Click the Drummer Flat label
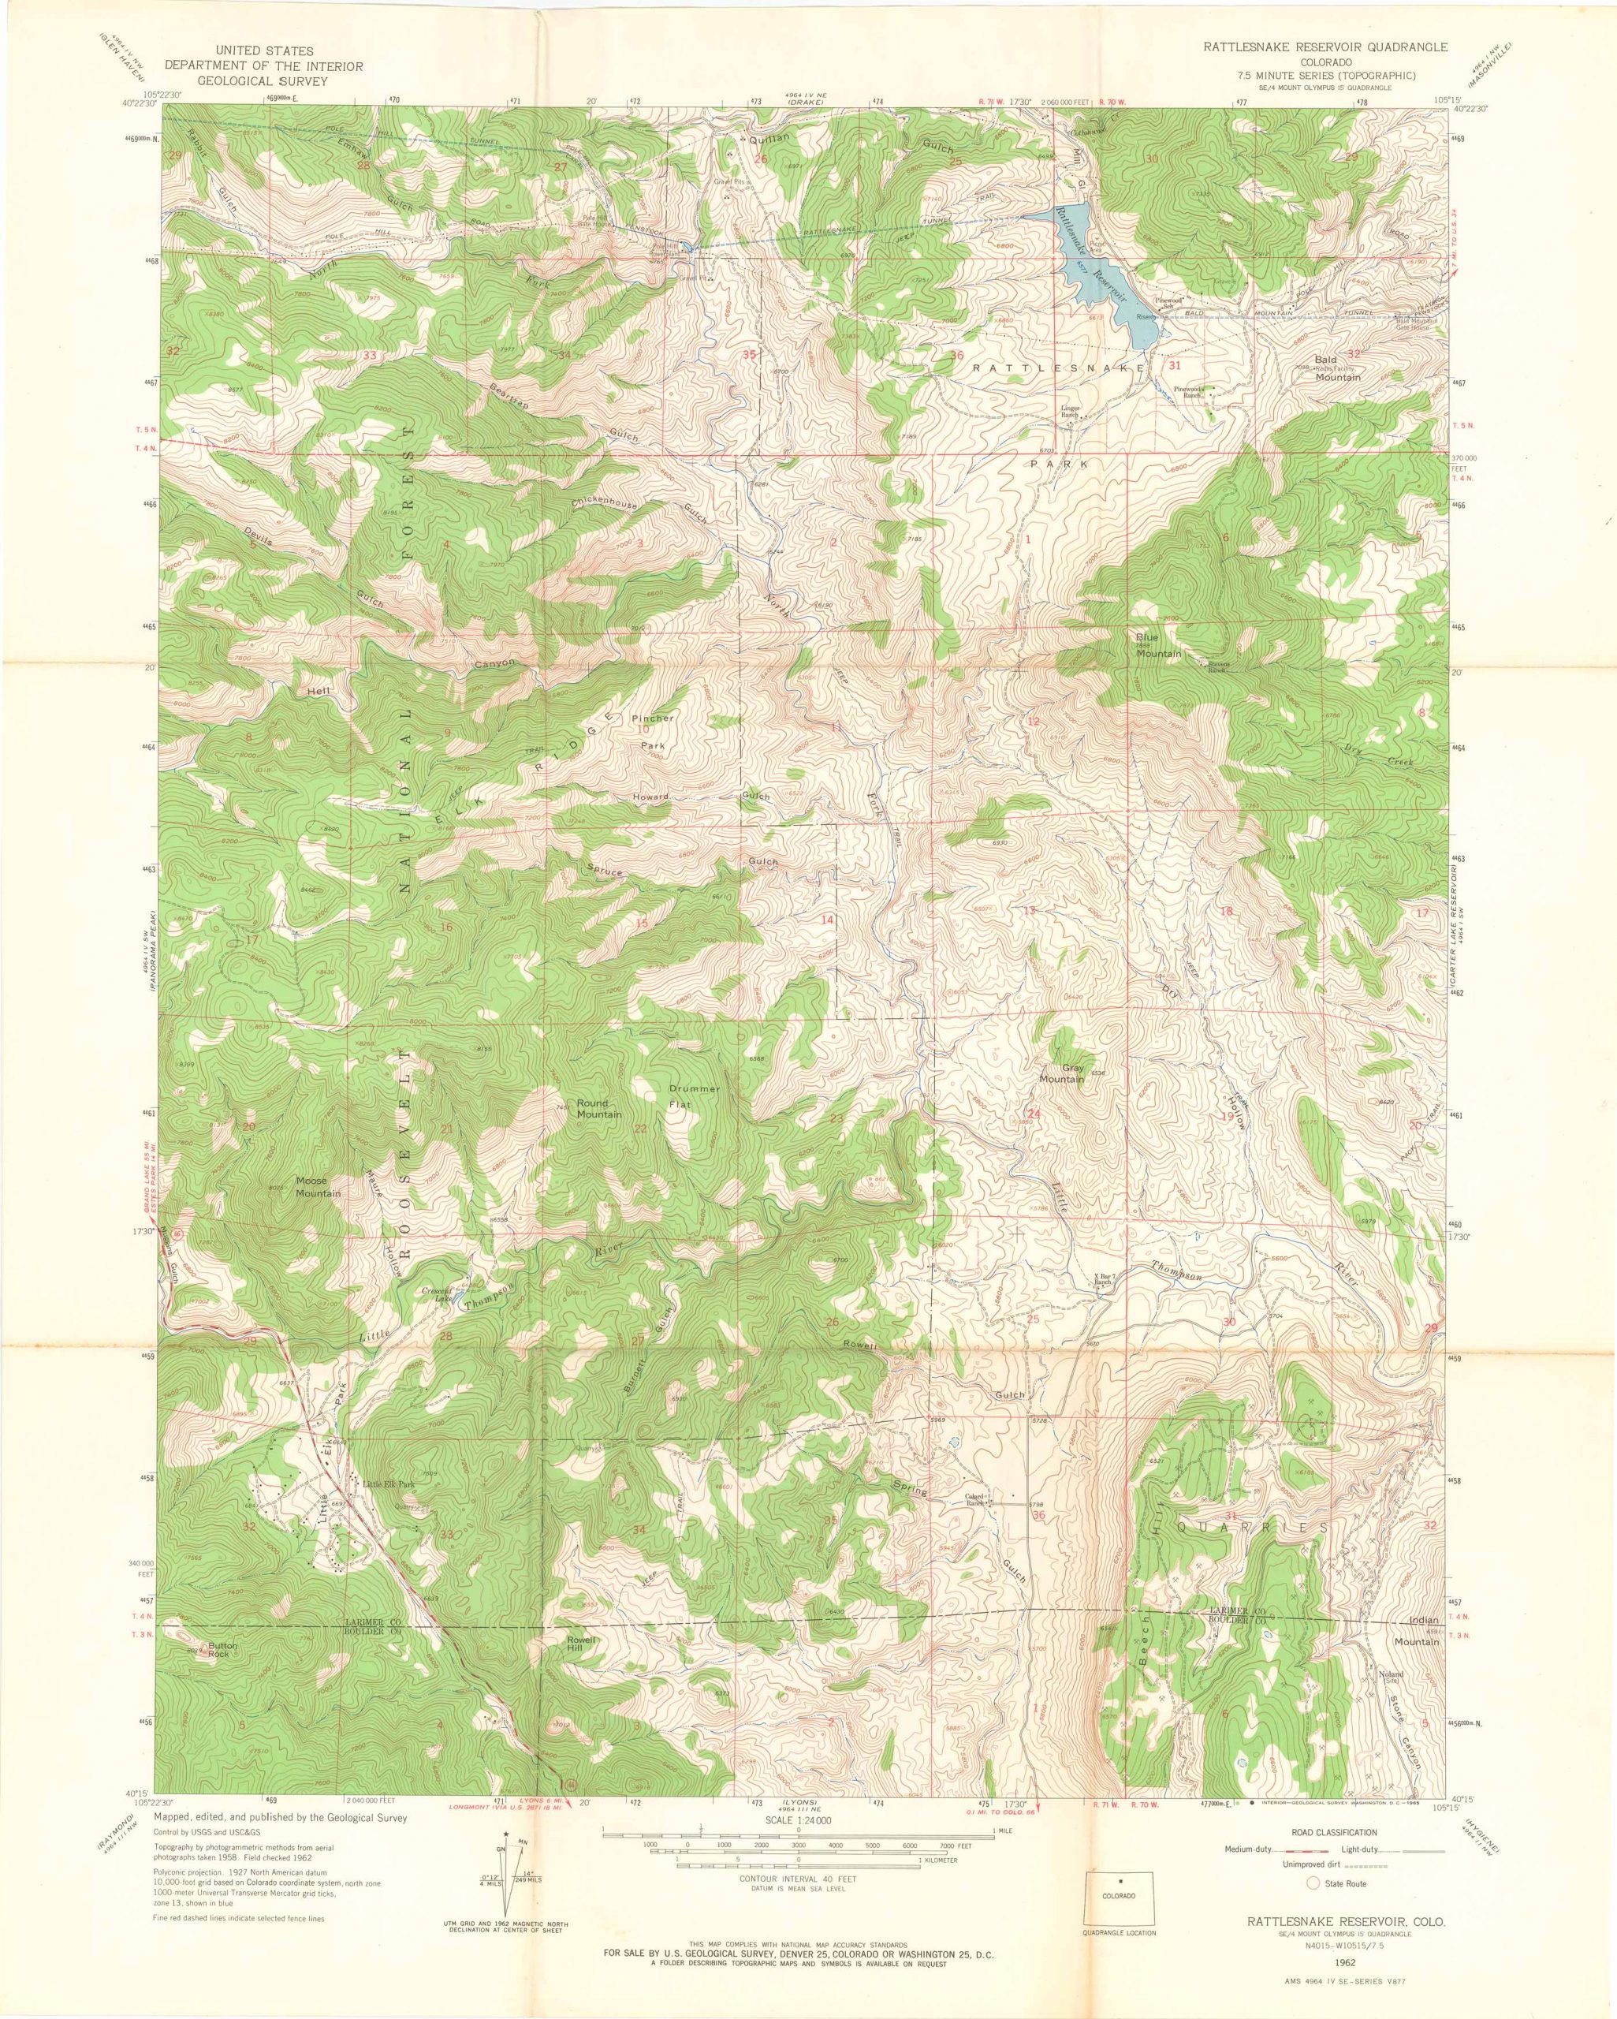click(694, 1095)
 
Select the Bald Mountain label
click(1337, 366)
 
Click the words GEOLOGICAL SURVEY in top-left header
click(263, 82)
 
